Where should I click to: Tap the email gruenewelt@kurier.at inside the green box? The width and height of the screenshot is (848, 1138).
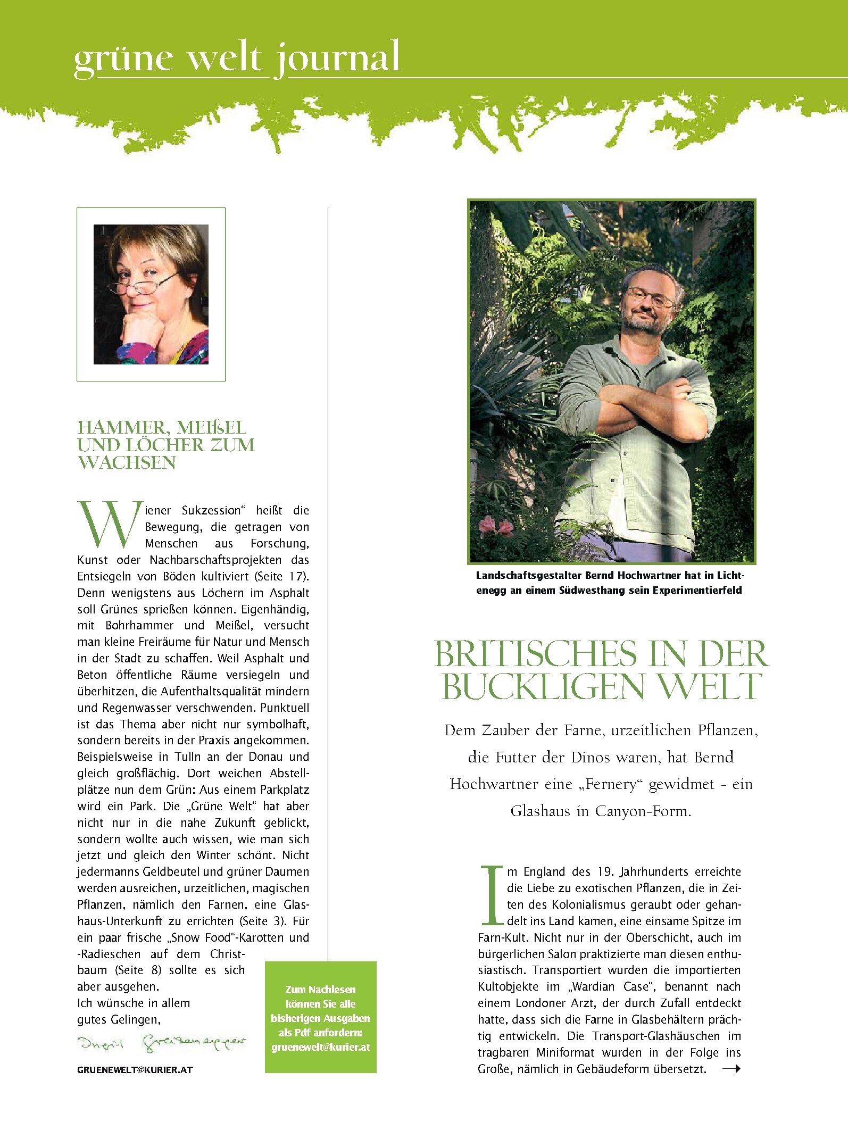coord(321,1047)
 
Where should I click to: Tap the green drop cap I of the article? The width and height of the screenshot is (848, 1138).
coord(492,896)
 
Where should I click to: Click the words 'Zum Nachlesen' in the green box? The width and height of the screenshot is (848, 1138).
coord(320,990)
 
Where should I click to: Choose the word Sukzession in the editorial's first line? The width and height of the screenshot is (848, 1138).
coord(211,510)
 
